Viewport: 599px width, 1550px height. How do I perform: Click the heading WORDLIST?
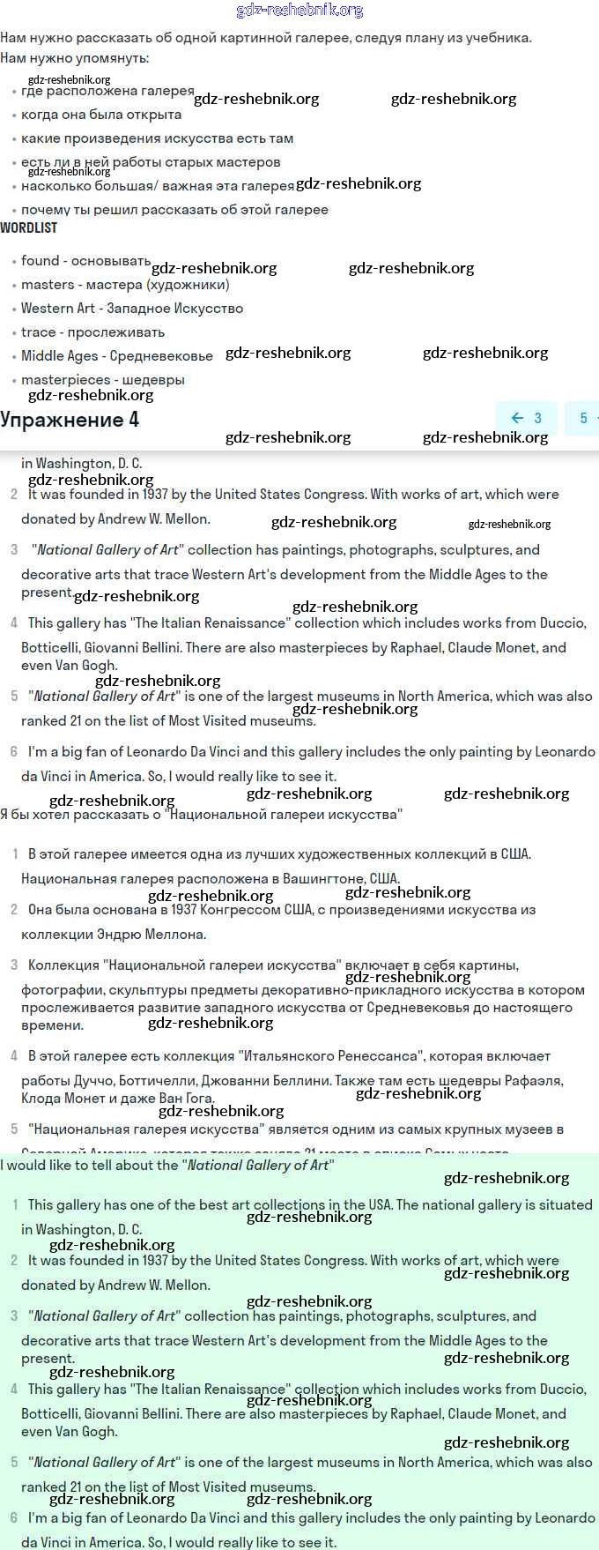[28, 227]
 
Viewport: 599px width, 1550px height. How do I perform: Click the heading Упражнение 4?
[70, 419]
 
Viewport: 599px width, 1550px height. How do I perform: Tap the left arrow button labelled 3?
[526, 418]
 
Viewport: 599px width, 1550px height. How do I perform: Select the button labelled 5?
[583, 418]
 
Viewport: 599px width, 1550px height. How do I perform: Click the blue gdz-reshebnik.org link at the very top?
[299, 11]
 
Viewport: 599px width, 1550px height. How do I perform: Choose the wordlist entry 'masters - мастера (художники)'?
[125, 285]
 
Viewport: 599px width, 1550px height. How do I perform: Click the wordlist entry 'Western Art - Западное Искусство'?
[132, 309]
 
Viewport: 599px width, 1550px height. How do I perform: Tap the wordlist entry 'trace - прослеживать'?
[92, 332]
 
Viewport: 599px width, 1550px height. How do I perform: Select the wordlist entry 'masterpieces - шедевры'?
[103, 380]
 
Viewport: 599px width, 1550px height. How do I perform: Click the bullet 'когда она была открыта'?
[101, 115]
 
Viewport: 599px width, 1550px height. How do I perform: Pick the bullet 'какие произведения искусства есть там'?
[157, 138]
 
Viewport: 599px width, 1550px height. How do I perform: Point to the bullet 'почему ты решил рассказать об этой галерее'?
[174, 210]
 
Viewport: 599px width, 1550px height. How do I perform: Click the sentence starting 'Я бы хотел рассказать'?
[201, 815]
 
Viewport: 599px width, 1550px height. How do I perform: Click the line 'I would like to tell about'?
[167, 1166]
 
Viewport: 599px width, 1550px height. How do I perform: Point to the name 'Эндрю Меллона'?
[155, 935]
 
